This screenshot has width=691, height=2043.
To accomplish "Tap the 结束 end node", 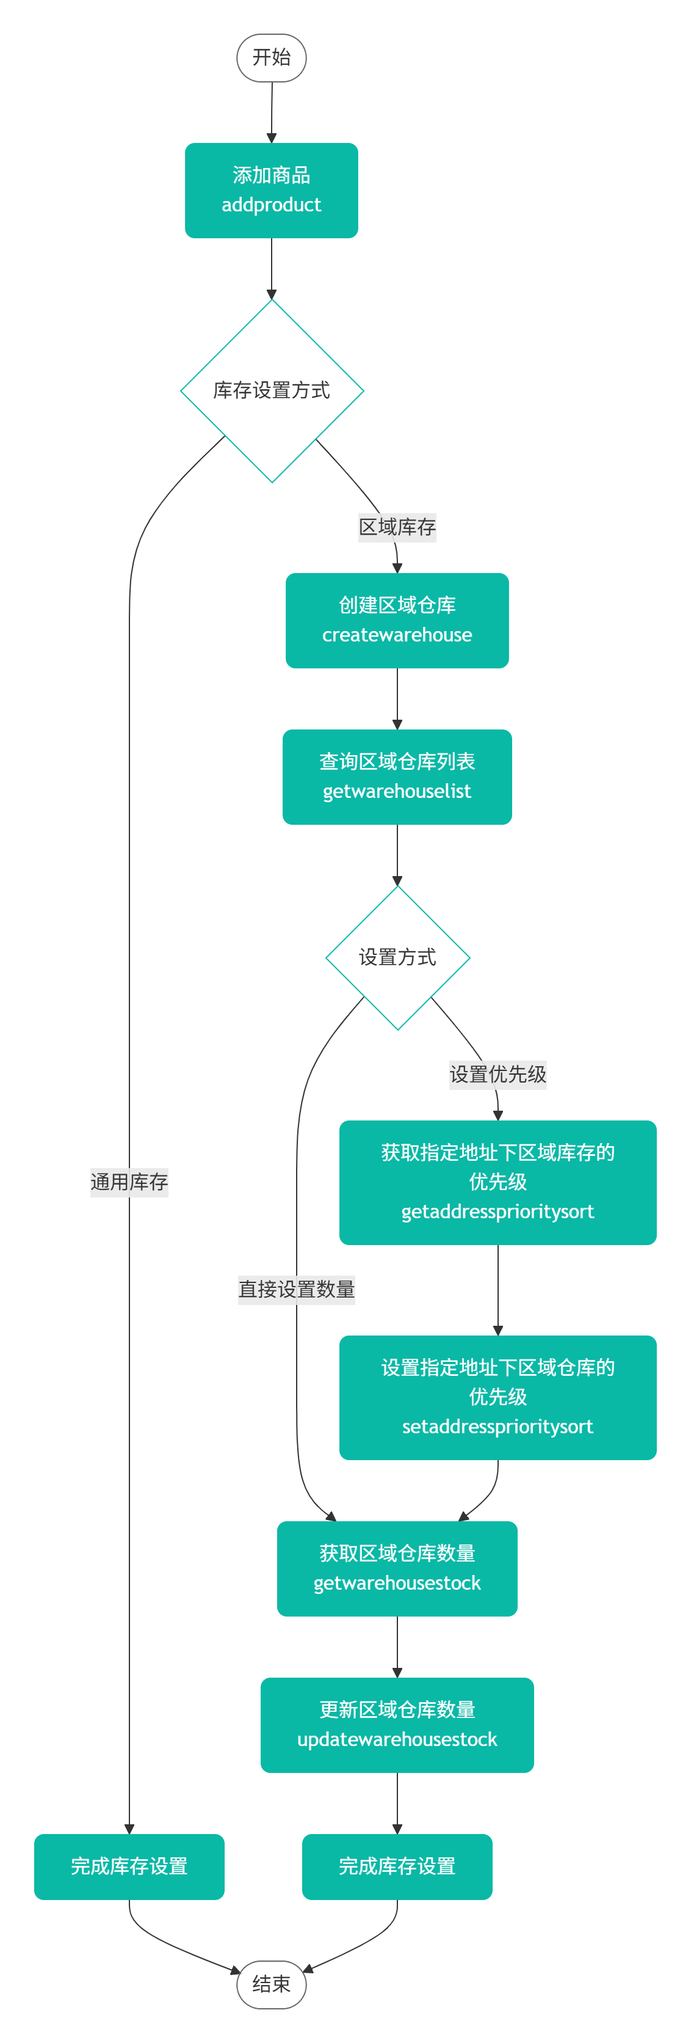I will pyautogui.click(x=271, y=1984).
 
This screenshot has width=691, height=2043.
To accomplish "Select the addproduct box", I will pyautogui.click(x=271, y=191).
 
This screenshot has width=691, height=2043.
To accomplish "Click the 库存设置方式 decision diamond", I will pyautogui.click(x=272, y=390).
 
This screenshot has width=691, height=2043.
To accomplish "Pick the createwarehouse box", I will pyautogui.click(x=397, y=620).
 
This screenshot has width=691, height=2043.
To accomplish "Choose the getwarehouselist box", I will pyautogui.click(x=397, y=777).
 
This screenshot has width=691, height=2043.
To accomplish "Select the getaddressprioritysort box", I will pyautogui.click(x=497, y=1182).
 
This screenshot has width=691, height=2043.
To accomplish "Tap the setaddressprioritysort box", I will pyautogui.click(x=497, y=1397).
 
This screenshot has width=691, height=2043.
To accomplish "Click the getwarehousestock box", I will pyautogui.click(x=397, y=1568).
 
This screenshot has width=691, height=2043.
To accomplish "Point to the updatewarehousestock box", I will pyautogui.click(x=397, y=1724).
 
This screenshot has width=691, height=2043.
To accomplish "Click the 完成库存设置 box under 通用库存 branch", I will pyautogui.click(x=129, y=1866).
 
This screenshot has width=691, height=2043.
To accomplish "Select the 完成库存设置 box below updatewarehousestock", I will pyautogui.click(x=397, y=1866).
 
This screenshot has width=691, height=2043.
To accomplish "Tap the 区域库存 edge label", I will pyautogui.click(x=397, y=527).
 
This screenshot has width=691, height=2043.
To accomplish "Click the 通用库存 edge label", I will pyautogui.click(x=129, y=1182).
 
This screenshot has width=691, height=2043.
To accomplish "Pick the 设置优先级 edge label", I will pyautogui.click(x=497, y=1074).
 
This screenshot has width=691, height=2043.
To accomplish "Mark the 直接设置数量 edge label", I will pyautogui.click(x=297, y=1288).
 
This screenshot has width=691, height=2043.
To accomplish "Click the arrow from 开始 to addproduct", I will pyautogui.click(x=272, y=112).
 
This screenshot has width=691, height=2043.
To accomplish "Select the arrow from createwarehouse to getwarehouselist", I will pyautogui.click(x=397, y=698).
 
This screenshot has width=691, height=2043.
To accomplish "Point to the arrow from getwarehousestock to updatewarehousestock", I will pyautogui.click(x=397, y=1646).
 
